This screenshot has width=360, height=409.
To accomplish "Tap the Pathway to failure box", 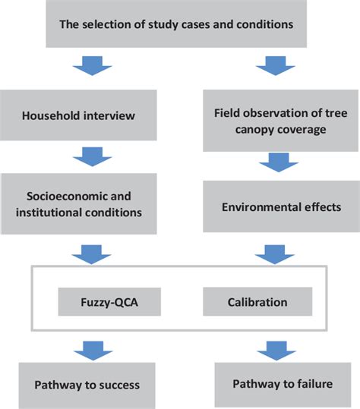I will tap(276, 383).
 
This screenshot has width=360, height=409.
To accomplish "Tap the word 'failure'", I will tap(312, 383).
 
